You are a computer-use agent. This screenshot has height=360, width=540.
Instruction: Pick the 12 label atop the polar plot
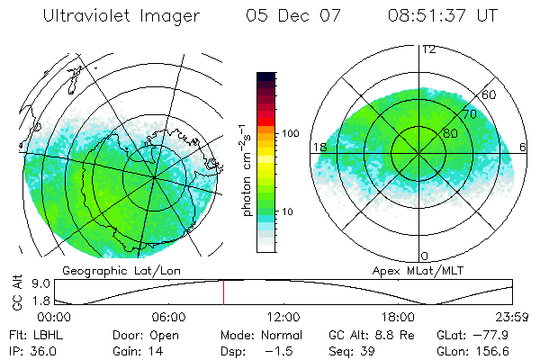(429, 49)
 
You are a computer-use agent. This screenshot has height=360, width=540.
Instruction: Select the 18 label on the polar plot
(319, 147)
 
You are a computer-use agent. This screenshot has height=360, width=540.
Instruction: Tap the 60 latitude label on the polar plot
(490, 95)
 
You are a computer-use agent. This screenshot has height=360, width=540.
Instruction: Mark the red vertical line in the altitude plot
(223, 292)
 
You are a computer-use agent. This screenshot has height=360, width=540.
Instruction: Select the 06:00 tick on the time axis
(168, 318)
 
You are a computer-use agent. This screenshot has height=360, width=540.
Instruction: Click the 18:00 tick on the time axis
(398, 318)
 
